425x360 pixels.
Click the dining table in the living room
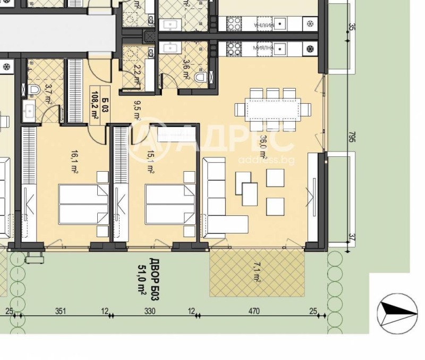click(x=273, y=109)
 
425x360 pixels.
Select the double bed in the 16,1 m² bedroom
click(x=82, y=204)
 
